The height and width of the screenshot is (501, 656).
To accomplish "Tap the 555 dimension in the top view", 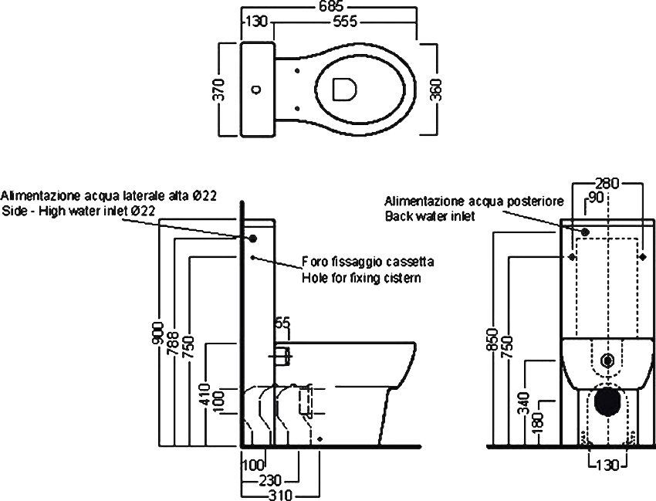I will pos(345,22).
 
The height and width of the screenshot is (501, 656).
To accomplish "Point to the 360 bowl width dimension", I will pos(435,90).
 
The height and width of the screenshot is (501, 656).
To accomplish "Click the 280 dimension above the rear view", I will pos(608,184).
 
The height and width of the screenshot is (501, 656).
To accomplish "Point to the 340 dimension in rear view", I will pos(523,403).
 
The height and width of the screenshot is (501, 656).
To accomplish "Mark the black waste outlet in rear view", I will pos(607,401).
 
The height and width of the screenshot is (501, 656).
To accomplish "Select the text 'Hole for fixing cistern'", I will pos(361,278).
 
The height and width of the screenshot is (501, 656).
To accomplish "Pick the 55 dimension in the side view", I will pos(282,325).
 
